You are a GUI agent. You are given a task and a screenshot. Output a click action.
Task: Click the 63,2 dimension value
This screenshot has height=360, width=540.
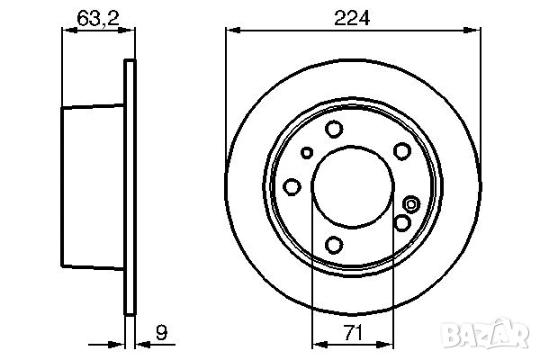(98, 18)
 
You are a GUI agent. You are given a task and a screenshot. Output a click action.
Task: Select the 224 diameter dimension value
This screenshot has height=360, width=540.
(352, 18)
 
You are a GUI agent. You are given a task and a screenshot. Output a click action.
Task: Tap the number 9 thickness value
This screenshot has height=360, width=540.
(161, 332)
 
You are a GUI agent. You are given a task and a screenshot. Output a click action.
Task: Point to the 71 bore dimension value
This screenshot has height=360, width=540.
(354, 333)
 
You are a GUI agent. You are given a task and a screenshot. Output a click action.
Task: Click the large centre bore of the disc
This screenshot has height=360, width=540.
(352, 187)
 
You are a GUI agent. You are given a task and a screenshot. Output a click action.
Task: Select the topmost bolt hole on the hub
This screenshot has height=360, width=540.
(334, 130)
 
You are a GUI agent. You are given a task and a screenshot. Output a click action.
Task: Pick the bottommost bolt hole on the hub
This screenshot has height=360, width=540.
(334, 245)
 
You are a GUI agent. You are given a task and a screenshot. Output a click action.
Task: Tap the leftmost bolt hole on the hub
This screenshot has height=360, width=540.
(292, 187)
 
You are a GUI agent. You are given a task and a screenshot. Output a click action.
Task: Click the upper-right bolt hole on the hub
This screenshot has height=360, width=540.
(402, 151)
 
